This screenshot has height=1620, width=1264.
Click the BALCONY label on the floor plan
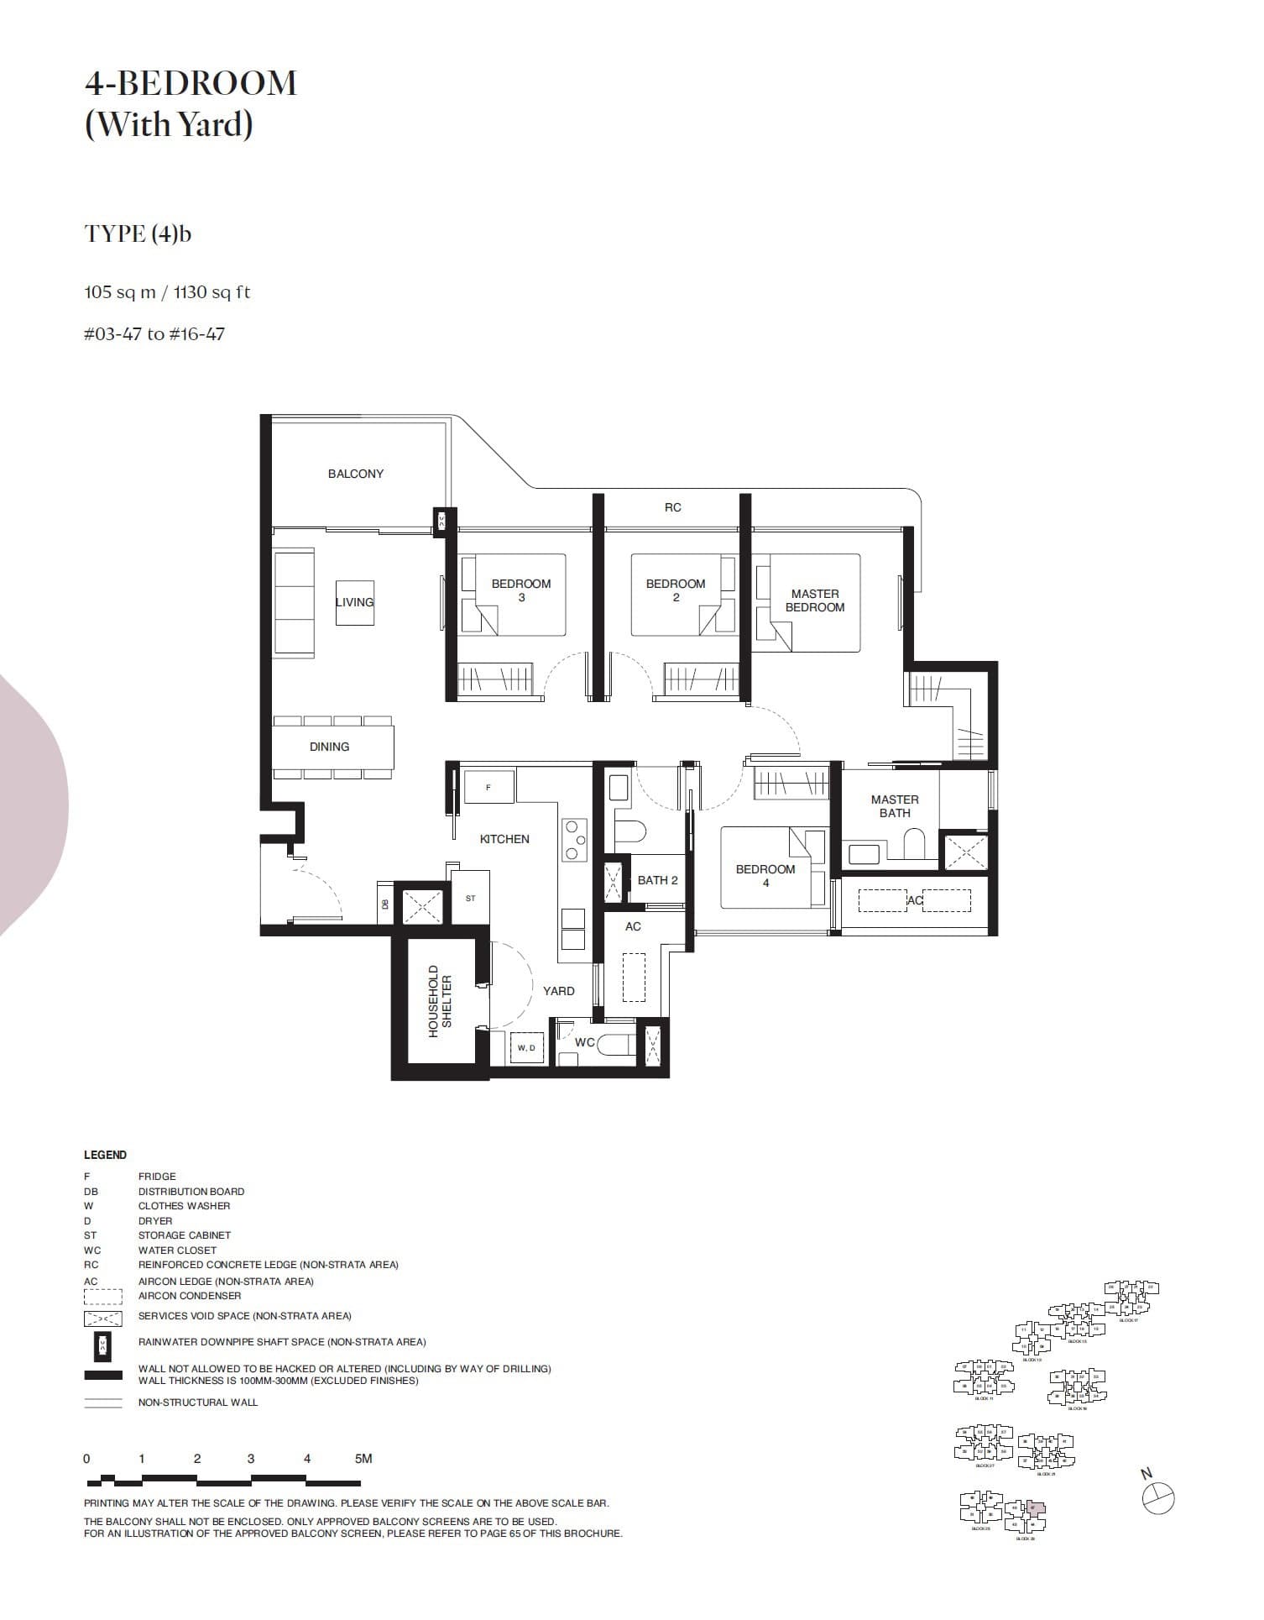355,474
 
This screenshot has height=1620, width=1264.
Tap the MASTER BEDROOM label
814,600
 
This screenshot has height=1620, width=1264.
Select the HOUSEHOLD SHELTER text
440,1000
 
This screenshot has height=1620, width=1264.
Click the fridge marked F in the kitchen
488,787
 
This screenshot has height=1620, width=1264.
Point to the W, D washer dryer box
526,1047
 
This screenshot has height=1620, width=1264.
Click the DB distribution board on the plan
385,904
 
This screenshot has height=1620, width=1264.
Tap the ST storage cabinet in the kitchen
470,898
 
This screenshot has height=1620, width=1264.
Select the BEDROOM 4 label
765,875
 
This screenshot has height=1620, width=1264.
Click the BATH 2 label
657,880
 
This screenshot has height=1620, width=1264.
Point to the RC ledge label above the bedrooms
672,507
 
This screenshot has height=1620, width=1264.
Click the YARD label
558,991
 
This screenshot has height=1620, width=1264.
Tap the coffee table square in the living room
354,602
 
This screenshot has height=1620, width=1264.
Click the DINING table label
329,747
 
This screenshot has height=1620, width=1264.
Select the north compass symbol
1158,1497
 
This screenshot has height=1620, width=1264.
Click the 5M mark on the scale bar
363,1459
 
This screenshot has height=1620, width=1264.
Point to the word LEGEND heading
105,1155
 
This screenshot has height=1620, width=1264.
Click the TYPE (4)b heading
138,233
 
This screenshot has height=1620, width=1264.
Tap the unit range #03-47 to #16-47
154,334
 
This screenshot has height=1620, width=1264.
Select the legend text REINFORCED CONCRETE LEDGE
268,1265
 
